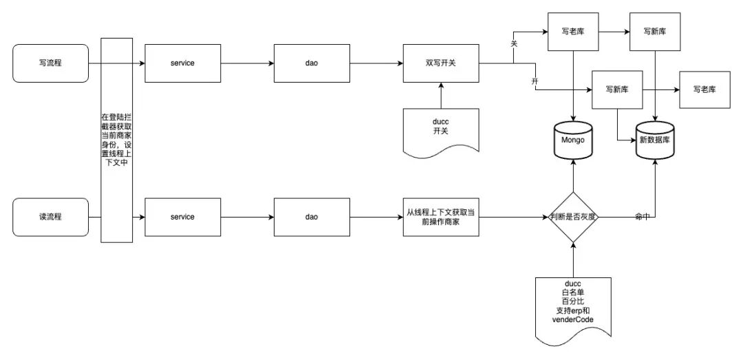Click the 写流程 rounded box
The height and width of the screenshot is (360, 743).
click(x=51, y=63)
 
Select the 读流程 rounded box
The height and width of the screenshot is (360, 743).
click(x=51, y=217)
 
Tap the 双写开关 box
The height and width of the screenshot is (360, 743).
click(x=441, y=63)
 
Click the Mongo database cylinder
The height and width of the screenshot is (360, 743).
click(x=573, y=140)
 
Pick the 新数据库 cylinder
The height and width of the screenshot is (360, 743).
click(x=655, y=140)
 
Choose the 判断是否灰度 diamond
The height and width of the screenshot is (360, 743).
click(x=573, y=217)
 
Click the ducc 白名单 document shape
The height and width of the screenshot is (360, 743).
click(x=573, y=311)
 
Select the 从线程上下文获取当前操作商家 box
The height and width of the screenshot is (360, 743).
click(x=441, y=217)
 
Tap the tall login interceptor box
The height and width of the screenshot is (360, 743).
click(x=116, y=140)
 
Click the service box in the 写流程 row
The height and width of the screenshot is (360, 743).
click(x=182, y=63)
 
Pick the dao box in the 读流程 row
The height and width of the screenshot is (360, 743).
click(x=312, y=217)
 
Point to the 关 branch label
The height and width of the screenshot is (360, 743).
click(x=514, y=43)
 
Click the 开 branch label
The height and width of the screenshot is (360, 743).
click(x=535, y=82)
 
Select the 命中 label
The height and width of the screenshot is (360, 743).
click(x=642, y=217)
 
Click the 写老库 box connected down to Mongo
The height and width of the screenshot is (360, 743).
click(x=573, y=32)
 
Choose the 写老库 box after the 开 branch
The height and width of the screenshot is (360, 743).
click(x=704, y=89)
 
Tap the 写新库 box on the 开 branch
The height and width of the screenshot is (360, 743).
click(x=617, y=89)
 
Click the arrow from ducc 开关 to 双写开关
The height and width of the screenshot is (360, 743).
click(x=441, y=96)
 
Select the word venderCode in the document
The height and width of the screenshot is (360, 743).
click(x=573, y=319)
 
